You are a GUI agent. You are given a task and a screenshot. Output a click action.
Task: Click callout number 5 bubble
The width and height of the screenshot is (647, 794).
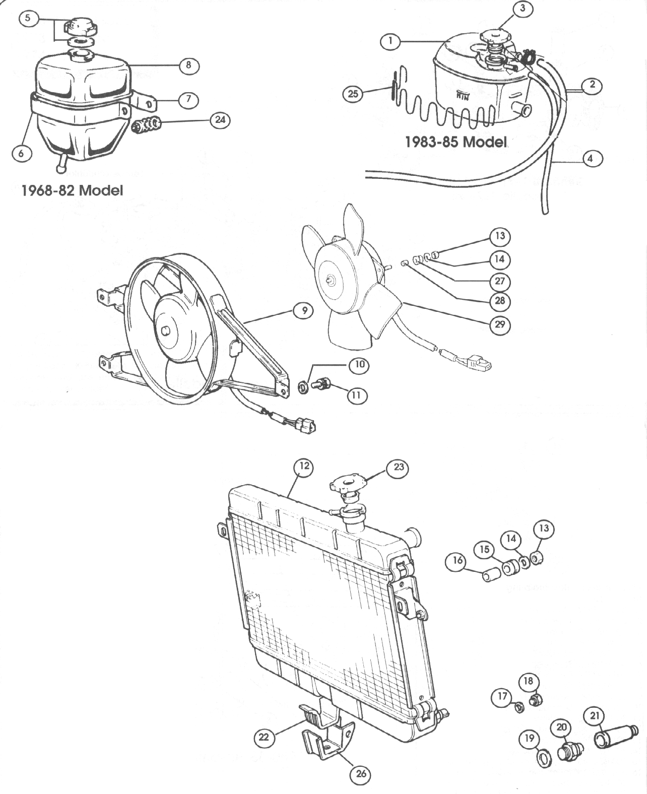click(27, 19)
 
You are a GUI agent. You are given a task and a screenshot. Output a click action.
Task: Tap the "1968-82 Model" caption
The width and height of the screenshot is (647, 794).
click(72, 190)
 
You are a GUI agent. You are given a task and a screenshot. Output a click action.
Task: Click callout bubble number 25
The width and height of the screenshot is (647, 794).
click(353, 93)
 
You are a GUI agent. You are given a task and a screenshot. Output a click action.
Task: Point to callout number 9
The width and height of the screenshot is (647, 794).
click(304, 311)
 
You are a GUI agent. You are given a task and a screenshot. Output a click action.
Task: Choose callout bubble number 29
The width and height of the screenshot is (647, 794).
click(499, 324)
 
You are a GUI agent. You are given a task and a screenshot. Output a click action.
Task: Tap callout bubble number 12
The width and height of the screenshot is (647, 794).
click(303, 467)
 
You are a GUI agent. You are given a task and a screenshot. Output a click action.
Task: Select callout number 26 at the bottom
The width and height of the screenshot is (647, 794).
click(361, 773)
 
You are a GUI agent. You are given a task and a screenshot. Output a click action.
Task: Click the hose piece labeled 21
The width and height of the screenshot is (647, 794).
click(614, 736)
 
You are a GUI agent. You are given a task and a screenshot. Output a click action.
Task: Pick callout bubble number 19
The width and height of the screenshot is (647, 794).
click(529, 739)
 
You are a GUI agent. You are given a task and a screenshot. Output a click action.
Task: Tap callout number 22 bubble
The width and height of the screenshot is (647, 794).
click(264, 738)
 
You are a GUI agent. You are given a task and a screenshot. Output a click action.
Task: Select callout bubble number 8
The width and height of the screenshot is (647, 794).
click(188, 65)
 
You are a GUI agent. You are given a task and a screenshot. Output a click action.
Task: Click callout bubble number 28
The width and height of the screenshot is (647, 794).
click(499, 301)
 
